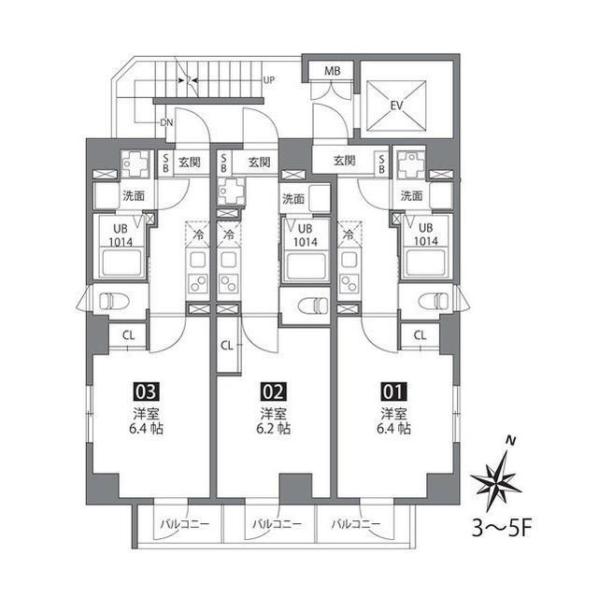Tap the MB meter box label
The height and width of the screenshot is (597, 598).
(332, 72)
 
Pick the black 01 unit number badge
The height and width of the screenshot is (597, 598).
(392, 392)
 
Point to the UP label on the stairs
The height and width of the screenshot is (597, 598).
(269, 80)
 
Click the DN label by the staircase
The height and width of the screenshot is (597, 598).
(165, 122)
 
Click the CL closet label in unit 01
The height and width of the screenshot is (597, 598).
(420, 335)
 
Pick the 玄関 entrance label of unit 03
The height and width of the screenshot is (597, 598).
(190, 163)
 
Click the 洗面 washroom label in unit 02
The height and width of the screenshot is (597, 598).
(293, 199)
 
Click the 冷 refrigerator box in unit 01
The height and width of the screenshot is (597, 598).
(349, 235)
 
